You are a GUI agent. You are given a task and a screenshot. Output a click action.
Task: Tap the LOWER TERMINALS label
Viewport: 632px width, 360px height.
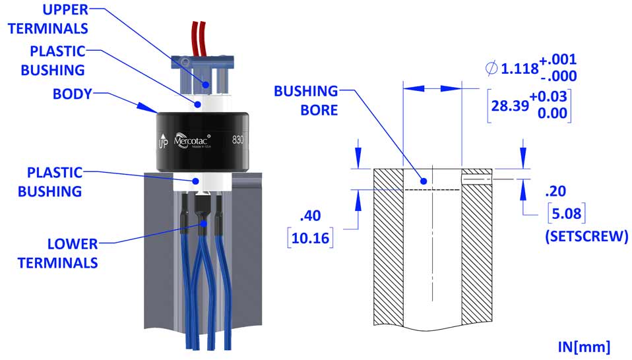click(58, 253)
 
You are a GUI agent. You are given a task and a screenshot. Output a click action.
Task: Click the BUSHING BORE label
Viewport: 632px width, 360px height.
click(307, 99)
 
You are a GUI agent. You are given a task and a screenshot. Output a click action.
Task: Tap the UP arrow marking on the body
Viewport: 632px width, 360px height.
click(162, 141)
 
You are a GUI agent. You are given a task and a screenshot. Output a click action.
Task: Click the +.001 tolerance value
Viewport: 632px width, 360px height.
click(557, 61)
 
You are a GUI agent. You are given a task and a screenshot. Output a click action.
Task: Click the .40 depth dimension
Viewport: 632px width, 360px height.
click(311, 216)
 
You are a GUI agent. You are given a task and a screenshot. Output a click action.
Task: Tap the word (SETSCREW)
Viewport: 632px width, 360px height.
click(585, 236)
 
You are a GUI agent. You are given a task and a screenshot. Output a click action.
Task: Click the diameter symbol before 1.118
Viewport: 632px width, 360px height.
click(491, 68)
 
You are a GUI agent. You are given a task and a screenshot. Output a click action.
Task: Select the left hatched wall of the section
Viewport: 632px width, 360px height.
click(388, 251)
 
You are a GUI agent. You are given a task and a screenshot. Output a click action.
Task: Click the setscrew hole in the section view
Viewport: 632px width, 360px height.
click(476, 177)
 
